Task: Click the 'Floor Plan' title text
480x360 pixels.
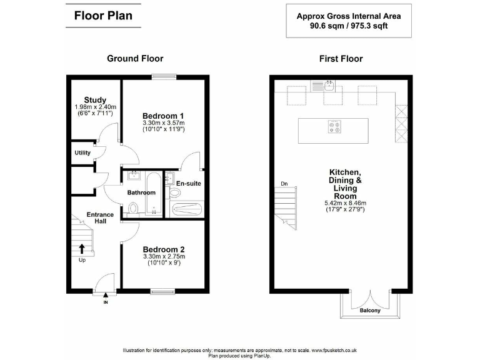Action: click(103, 16)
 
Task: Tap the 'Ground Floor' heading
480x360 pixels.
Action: click(135, 59)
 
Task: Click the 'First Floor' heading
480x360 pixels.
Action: click(341, 59)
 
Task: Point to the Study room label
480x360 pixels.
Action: click(95, 100)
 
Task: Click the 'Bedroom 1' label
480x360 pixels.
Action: click(162, 116)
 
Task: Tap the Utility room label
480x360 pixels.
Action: click(82, 152)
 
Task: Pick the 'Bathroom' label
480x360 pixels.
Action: click(142, 192)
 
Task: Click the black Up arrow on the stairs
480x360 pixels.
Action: click(82, 249)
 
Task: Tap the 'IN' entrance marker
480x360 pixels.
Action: click(106, 302)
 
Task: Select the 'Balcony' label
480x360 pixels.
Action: click(370, 310)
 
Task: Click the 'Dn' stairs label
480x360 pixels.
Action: click(284, 183)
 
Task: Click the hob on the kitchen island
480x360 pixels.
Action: click(333, 127)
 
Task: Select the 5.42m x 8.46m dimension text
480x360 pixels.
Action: click(344, 203)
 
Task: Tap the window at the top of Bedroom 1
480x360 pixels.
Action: click(162, 77)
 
